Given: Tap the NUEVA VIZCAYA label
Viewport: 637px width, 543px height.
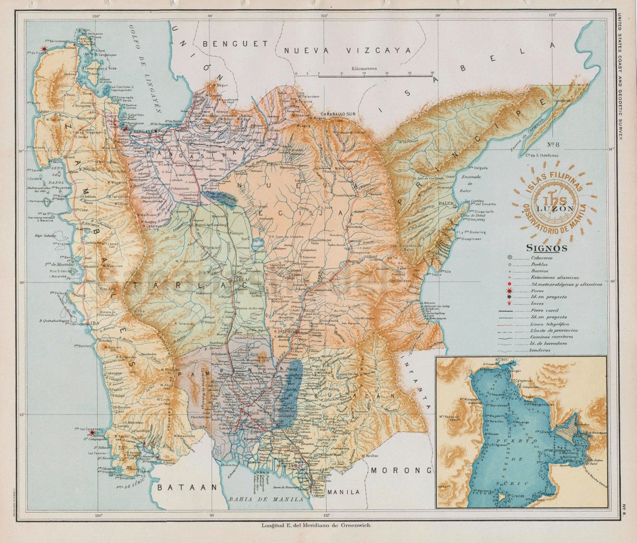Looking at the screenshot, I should [x=347, y=50].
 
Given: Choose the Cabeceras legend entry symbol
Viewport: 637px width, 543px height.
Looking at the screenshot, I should [x=510, y=258].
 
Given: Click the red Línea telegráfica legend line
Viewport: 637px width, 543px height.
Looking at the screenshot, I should [x=511, y=324].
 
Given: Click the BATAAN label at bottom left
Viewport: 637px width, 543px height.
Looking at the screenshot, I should [x=187, y=487].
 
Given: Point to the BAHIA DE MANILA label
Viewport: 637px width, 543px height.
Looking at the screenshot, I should [x=266, y=498].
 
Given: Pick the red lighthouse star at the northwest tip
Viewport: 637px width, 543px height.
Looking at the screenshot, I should [x=44, y=49].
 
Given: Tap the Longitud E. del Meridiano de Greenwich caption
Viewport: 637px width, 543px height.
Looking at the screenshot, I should [x=316, y=525].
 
